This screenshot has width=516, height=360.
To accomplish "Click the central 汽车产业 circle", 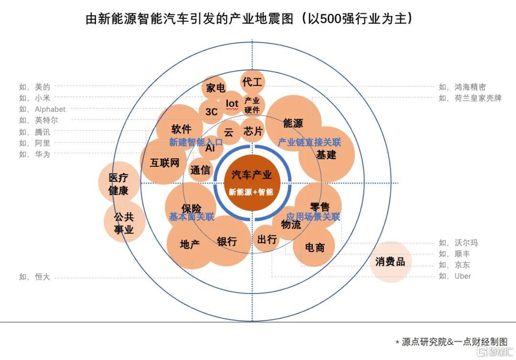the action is pyautogui.click(x=252, y=183).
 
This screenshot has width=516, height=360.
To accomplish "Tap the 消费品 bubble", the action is pyautogui.click(x=391, y=262).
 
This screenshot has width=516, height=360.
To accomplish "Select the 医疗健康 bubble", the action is pyautogui.click(x=119, y=182).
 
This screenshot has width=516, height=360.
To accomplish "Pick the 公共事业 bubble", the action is pyautogui.click(x=124, y=222).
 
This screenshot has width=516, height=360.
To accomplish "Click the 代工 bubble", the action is pyautogui.click(x=252, y=82).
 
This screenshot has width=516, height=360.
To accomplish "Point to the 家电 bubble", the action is pyautogui.click(x=215, y=88).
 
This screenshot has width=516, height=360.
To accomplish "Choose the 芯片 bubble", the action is pyautogui.click(x=253, y=131).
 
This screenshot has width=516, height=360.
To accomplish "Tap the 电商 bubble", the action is pyautogui.click(x=314, y=246).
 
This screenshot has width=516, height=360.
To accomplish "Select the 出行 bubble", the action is pyautogui.click(x=267, y=239).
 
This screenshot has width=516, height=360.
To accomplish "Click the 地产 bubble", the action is pyautogui.click(x=190, y=244).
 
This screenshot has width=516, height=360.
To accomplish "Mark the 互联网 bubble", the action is pyautogui.click(x=164, y=161).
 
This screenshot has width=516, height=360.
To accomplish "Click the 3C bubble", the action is pyautogui.click(x=211, y=111).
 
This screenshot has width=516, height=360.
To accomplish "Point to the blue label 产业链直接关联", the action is pyautogui.click(x=309, y=142).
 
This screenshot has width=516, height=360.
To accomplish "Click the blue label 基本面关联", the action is pyautogui.click(x=192, y=217).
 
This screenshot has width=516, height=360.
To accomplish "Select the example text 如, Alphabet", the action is pyautogui.click(x=43, y=109).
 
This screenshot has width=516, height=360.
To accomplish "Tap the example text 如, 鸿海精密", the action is pyautogui.click(x=462, y=87).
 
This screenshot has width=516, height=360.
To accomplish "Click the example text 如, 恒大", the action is pyautogui.click(x=34, y=277).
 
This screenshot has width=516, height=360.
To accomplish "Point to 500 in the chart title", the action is pyautogui.click(x=331, y=19).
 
